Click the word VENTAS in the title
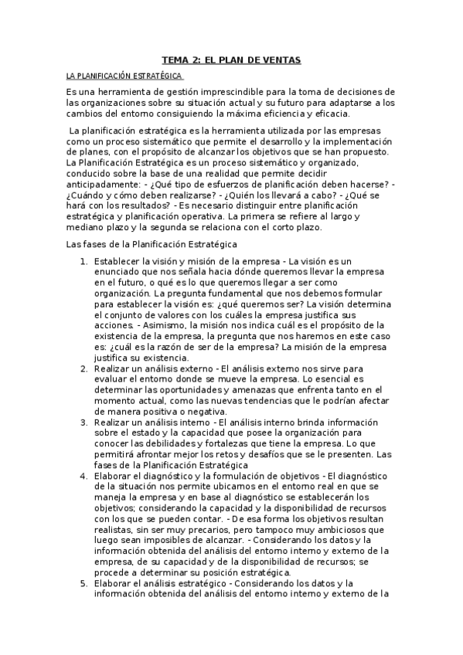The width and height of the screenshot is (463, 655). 281,59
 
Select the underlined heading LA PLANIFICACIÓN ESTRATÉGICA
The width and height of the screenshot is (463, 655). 124,76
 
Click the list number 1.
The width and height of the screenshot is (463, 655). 83,263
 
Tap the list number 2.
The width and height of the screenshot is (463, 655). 83,370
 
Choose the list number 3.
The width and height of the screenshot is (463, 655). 83,423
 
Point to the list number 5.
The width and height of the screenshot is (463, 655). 83,583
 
